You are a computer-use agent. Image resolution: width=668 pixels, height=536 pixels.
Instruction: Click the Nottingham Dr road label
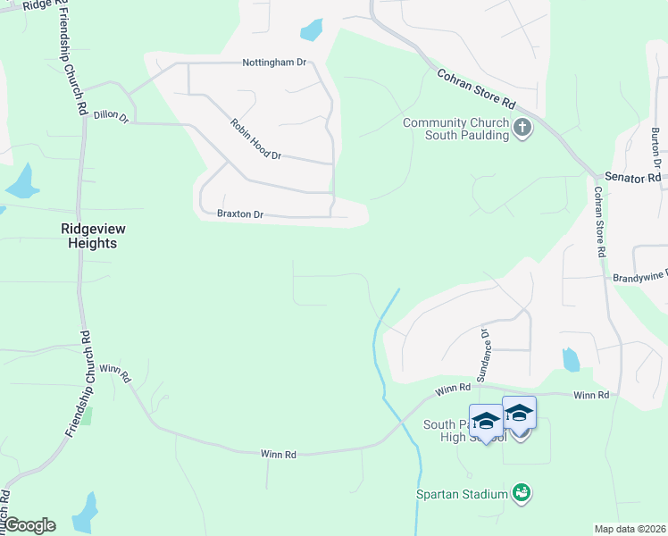(274, 63)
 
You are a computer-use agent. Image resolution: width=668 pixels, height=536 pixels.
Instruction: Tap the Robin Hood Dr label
(255, 139)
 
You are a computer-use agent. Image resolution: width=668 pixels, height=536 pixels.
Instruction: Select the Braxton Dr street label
(240, 214)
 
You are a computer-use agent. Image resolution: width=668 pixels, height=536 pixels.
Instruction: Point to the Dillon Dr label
(112, 116)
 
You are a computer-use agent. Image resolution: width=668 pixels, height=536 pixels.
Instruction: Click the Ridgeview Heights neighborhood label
(89, 236)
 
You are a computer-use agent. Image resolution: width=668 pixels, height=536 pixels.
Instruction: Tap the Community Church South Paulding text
(455, 129)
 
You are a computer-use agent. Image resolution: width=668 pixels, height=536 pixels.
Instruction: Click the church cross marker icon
(523, 130)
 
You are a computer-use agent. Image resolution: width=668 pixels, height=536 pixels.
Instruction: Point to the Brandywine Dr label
(639, 278)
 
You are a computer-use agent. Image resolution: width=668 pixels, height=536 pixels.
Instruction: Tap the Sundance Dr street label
(483, 356)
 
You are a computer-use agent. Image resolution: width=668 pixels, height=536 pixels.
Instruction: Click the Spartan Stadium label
(462, 493)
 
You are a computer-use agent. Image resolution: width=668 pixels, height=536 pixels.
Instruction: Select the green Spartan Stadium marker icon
(522, 492)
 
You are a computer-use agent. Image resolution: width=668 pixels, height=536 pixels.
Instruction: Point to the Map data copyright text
(630, 529)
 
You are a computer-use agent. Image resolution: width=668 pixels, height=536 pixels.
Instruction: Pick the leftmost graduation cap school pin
(486, 420)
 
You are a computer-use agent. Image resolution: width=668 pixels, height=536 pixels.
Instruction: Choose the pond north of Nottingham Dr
(312, 30)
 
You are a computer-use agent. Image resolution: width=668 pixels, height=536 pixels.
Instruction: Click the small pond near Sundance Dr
(571, 359)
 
